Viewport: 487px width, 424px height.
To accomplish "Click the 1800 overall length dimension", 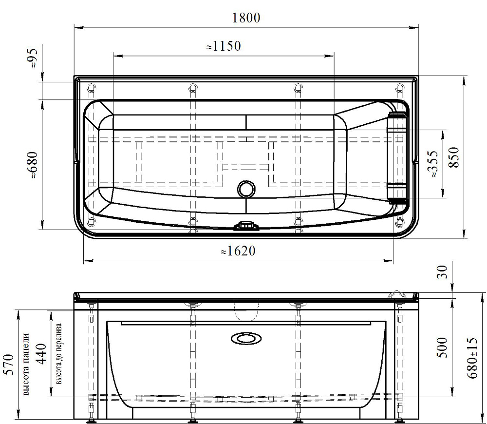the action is [x=246, y=18].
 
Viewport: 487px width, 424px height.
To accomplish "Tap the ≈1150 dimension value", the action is [x=224, y=46].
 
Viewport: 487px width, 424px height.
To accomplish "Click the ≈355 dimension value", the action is [x=432, y=164].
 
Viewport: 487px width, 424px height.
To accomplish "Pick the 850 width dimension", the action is [x=454, y=157].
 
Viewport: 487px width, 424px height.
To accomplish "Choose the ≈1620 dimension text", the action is [x=238, y=251].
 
